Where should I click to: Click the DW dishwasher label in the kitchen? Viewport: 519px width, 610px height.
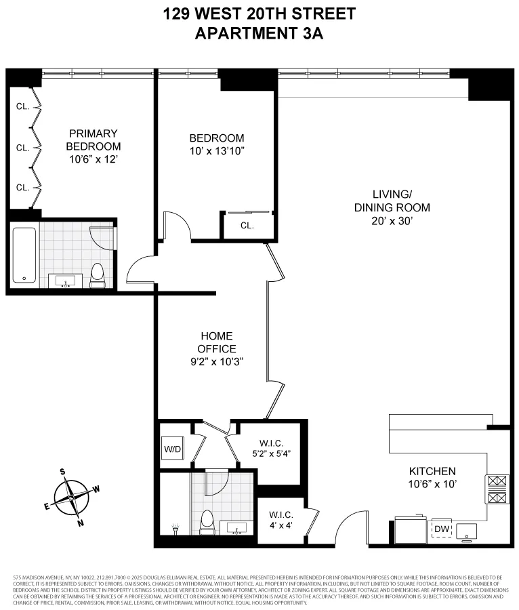point(441,529)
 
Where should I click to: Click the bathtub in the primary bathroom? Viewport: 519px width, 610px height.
point(24,255)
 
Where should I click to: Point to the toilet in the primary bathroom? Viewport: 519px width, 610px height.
point(98,274)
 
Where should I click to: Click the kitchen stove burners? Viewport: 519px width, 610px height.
point(495,489)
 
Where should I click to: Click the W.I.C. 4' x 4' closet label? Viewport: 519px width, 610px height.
point(280,523)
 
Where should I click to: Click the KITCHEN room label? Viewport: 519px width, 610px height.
point(432,471)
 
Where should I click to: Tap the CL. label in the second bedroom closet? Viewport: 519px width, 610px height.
point(247,226)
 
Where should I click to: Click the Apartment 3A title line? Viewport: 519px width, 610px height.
point(259,33)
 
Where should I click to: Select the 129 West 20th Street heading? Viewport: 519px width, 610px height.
point(259,13)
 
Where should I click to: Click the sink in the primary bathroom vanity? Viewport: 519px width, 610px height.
point(66,281)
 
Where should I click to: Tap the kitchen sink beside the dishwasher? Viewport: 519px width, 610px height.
point(467,531)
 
